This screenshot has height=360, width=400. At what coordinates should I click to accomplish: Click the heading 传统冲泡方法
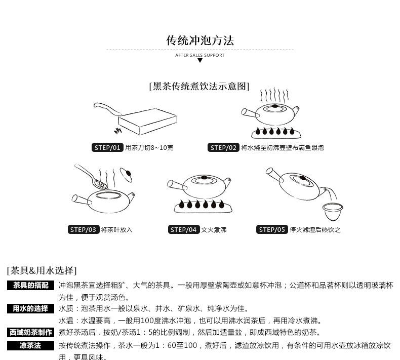[x=200, y=41]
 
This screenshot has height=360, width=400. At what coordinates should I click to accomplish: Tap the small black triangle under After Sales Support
[x=200, y=60]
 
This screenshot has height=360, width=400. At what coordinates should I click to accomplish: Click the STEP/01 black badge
[x=108, y=148]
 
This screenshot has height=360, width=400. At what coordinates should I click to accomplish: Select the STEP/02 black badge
[x=223, y=148]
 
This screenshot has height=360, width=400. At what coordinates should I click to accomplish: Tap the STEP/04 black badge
[x=183, y=229]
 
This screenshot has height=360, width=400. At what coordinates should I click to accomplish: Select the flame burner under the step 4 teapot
[x=201, y=206]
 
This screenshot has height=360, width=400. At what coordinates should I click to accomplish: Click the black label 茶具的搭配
[x=30, y=286]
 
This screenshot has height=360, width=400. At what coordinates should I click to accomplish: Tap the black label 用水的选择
[x=30, y=308]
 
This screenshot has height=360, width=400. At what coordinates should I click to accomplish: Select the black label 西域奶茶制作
[x=30, y=332]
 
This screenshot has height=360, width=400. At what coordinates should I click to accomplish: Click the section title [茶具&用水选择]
[x=42, y=270]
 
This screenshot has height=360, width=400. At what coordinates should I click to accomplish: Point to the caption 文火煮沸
[x=214, y=230]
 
